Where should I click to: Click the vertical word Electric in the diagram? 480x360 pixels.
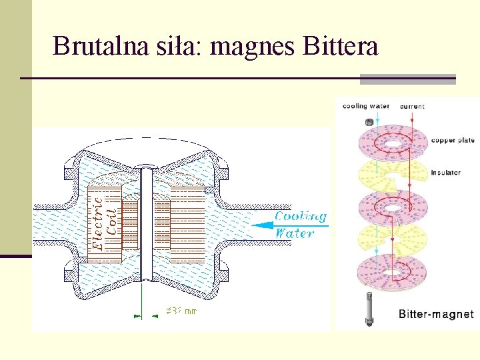click(x=98, y=222)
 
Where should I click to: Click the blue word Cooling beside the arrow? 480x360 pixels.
click(x=301, y=216)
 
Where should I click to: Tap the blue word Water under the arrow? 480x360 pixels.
click(x=294, y=233)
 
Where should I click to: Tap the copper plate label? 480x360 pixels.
click(x=453, y=141)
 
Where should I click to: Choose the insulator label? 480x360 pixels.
click(x=445, y=173)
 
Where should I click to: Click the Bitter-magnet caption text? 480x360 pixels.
click(x=436, y=314)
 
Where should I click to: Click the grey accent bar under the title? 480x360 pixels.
click(x=407, y=79)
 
